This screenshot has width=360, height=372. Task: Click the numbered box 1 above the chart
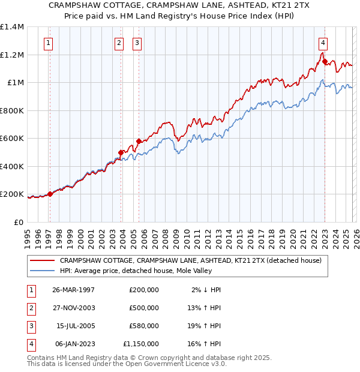pyautogui.click(x=47, y=43)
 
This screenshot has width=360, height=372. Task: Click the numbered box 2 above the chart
pyautogui.click(x=119, y=43)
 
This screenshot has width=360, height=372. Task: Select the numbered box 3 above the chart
pyautogui.click(x=137, y=43)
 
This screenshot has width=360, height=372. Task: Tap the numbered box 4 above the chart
pyautogui.click(x=323, y=43)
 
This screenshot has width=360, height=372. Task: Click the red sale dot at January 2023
pyautogui.click(x=325, y=61)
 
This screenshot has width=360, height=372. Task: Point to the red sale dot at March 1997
pyautogui.click(x=50, y=194)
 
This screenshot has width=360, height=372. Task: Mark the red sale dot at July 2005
pyautogui.click(x=139, y=141)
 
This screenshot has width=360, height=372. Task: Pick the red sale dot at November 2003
pyautogui.click(x=121, y=152)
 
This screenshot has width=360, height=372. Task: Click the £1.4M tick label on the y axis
pyautogui.click(x=12, y=27)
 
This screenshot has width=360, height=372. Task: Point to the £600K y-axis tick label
pyautogui.click(x=12, y=139)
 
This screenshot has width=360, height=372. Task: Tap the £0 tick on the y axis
pyautogui.click(x=18, y=222)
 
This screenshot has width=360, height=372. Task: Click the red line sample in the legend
pyautogui.click(x=42, y=260)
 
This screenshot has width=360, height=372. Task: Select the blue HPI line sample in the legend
pyautogui.click(x=42, y=271)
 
